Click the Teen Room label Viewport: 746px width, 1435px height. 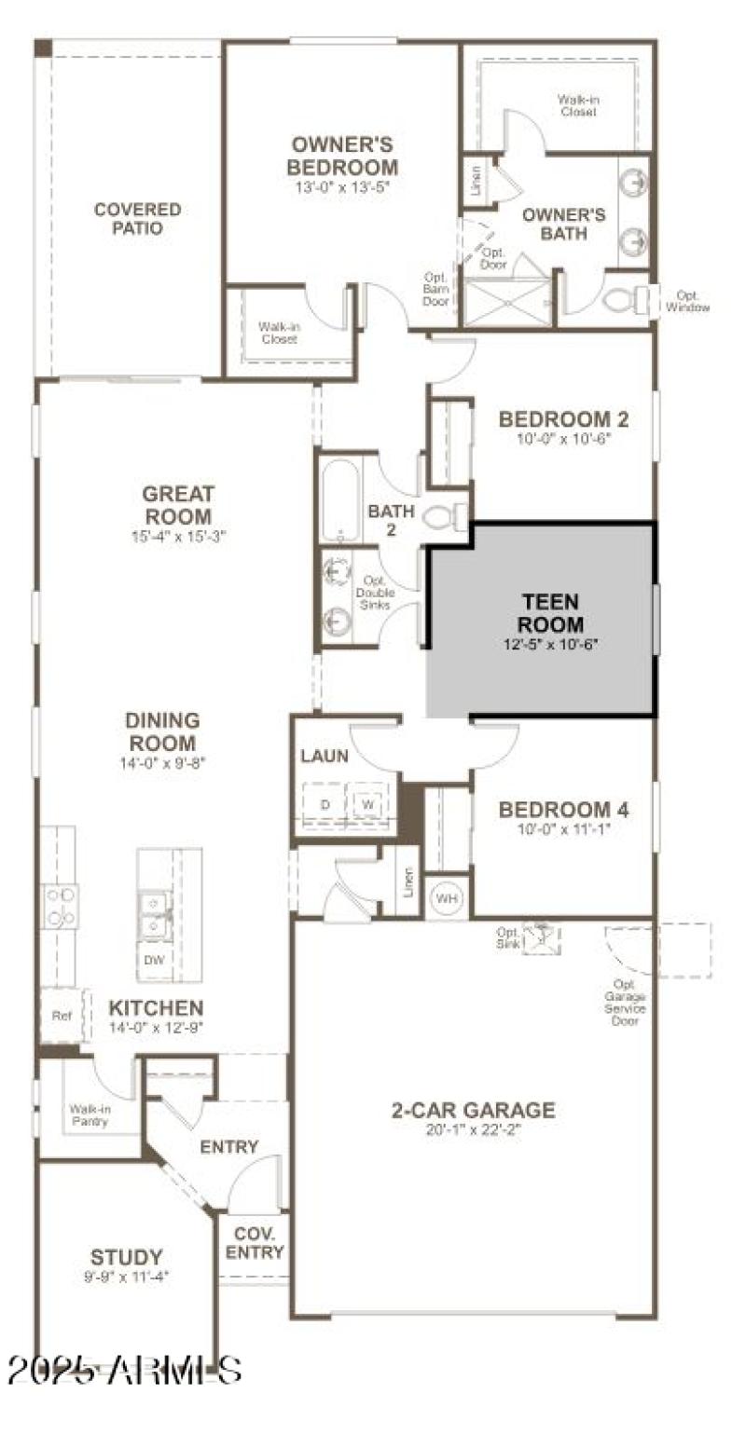(x=550, y=613)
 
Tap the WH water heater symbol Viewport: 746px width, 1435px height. (x=447, y=900)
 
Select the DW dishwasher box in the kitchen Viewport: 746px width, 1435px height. (x=154, y=959)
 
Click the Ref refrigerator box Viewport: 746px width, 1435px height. (x=62, y=1016)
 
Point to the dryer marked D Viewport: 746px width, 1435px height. (x=325, y=803)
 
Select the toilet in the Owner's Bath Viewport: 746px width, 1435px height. (x=623, y=300)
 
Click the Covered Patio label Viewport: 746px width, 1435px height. (x=137, y=219)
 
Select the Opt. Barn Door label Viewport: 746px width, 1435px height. (x=436, y=289)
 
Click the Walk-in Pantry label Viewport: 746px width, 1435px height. (x=90, y=1114)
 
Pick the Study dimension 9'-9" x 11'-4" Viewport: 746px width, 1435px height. (x=126, y=1276)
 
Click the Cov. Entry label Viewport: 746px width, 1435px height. (x=255, y=1243)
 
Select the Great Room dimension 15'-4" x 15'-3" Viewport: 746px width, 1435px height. (x=178, y=536)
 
